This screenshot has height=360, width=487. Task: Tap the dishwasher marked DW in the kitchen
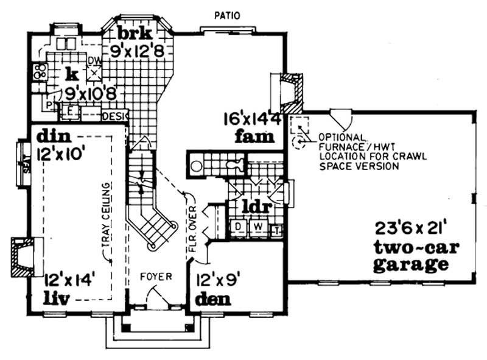94,72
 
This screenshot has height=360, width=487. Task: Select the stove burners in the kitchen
40,71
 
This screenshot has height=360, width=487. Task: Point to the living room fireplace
23,256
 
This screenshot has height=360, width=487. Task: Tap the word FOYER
156,276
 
